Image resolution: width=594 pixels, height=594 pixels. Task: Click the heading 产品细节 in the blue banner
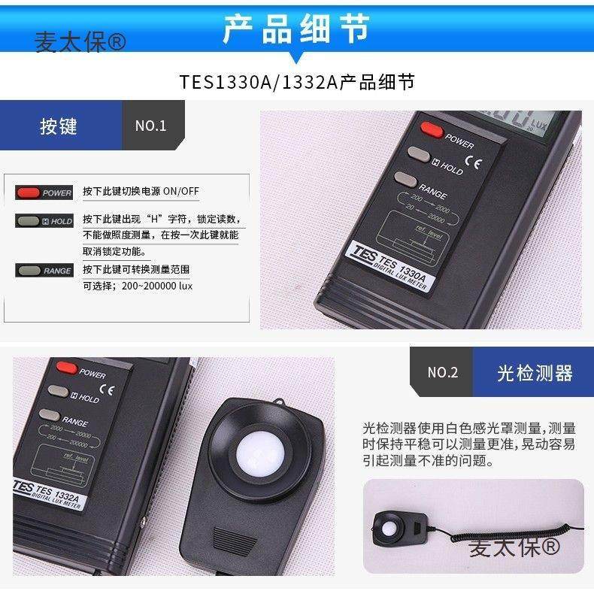tap(296, 28)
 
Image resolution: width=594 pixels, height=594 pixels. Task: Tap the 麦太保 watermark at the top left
tap(80, 42)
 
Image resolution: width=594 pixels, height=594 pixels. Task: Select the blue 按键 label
tap(59, 126)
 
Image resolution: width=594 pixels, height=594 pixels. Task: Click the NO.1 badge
tap(150, 126)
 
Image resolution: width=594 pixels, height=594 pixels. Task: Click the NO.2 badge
tap(442, 372)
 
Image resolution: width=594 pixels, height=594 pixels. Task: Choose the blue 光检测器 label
tap(534, 372)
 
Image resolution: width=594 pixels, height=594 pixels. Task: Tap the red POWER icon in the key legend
tap(44, 192)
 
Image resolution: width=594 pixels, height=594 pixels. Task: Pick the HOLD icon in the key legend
tap(44, 221)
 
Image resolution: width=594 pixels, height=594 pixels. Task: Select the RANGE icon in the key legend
tap(44, 270)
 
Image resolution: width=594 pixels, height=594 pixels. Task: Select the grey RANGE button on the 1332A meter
tap(49, 414)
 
